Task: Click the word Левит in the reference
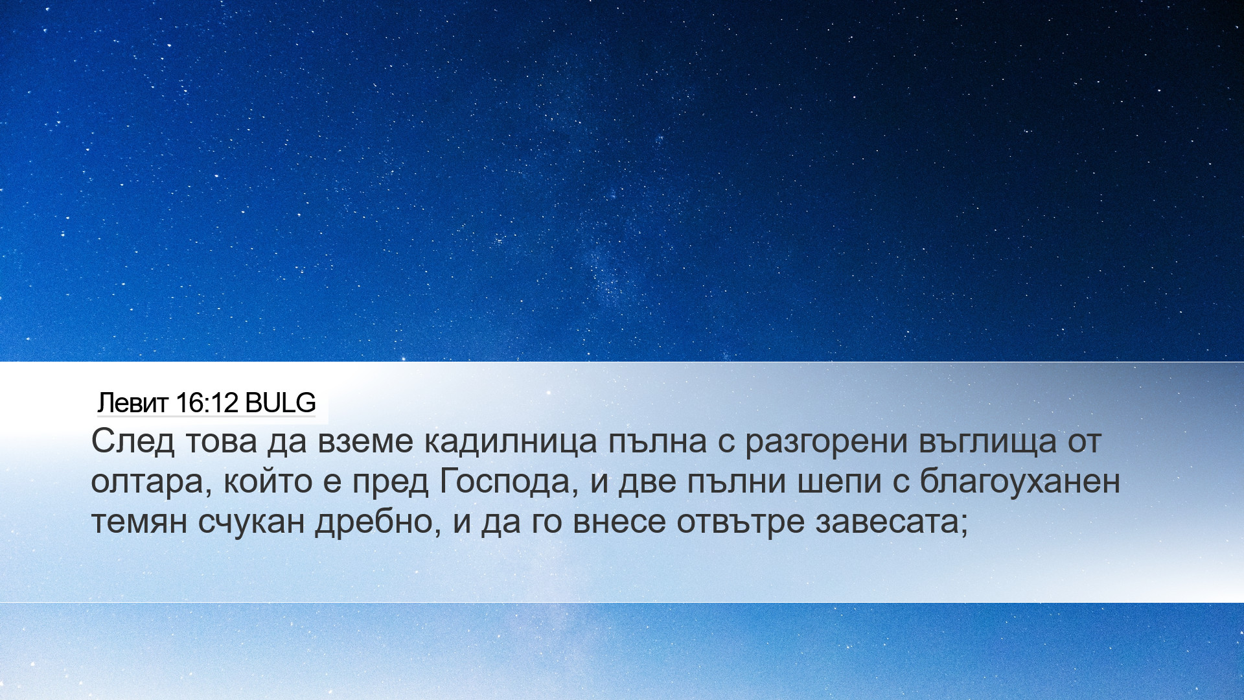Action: (x=133, y=403)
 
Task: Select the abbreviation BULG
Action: (x=281, y=403)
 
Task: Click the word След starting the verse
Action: (x=133, y=442)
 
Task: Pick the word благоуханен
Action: (x=1020, y=481)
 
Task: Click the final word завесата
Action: (x=892, y=522)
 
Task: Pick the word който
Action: (x=268, y=482)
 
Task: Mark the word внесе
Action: (x=619, y=522)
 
